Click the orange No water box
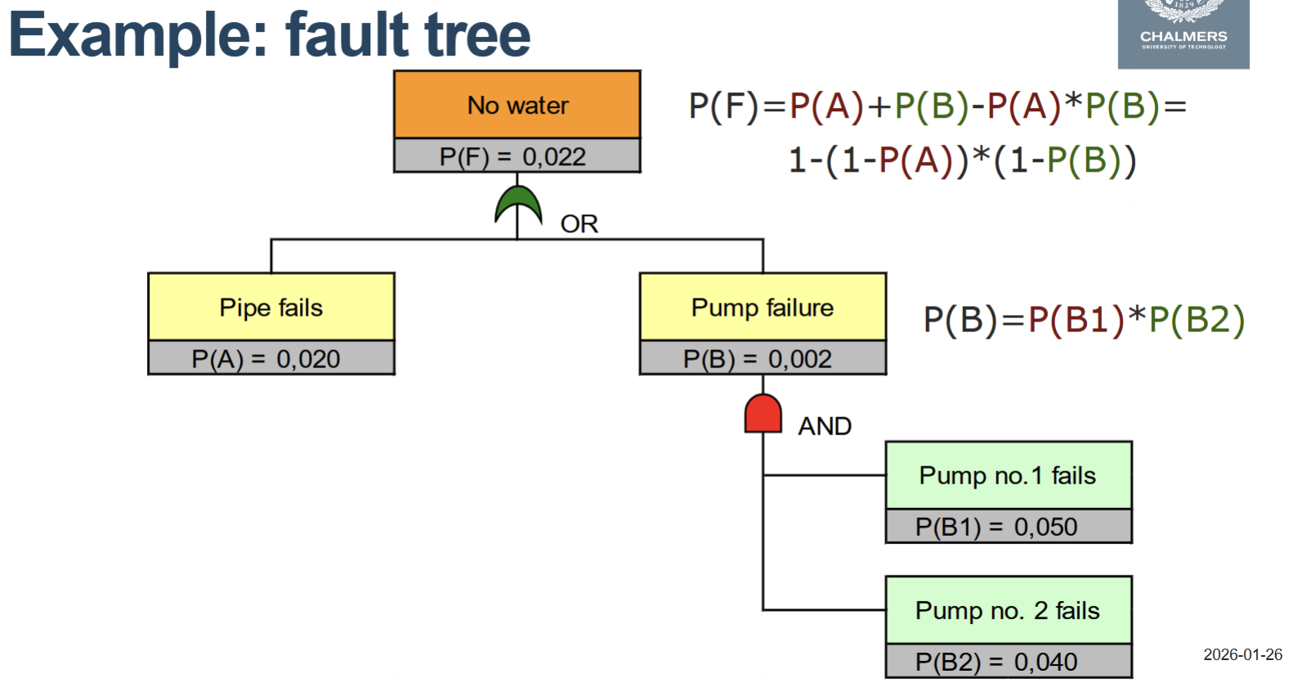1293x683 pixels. [x=517, y=105]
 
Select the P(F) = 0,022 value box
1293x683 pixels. [x=517, y=156]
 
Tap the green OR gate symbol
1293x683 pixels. [x=518, y=205]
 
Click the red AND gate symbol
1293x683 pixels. [x=763, y=414]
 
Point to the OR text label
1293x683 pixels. [x=579, y=224]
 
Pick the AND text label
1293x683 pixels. [x=824, y=426]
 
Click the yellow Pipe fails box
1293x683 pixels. [x=271, y=308]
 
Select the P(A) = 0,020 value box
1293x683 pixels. [x=271, y=358]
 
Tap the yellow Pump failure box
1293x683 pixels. [x=763, y=308]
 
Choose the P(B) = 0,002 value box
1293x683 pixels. [x=763, y=358]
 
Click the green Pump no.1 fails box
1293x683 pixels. [x=1009, y=475]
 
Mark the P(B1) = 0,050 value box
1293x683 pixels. [x=1009, y=527]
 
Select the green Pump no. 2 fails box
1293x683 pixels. [x=1009, y=610]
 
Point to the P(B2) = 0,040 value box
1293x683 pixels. [x=1009, y=661]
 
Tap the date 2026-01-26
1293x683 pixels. [x=1242, y=654]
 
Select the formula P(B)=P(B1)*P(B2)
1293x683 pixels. [x=1084, y=320]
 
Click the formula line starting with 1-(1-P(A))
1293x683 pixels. [x=962, y=160]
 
